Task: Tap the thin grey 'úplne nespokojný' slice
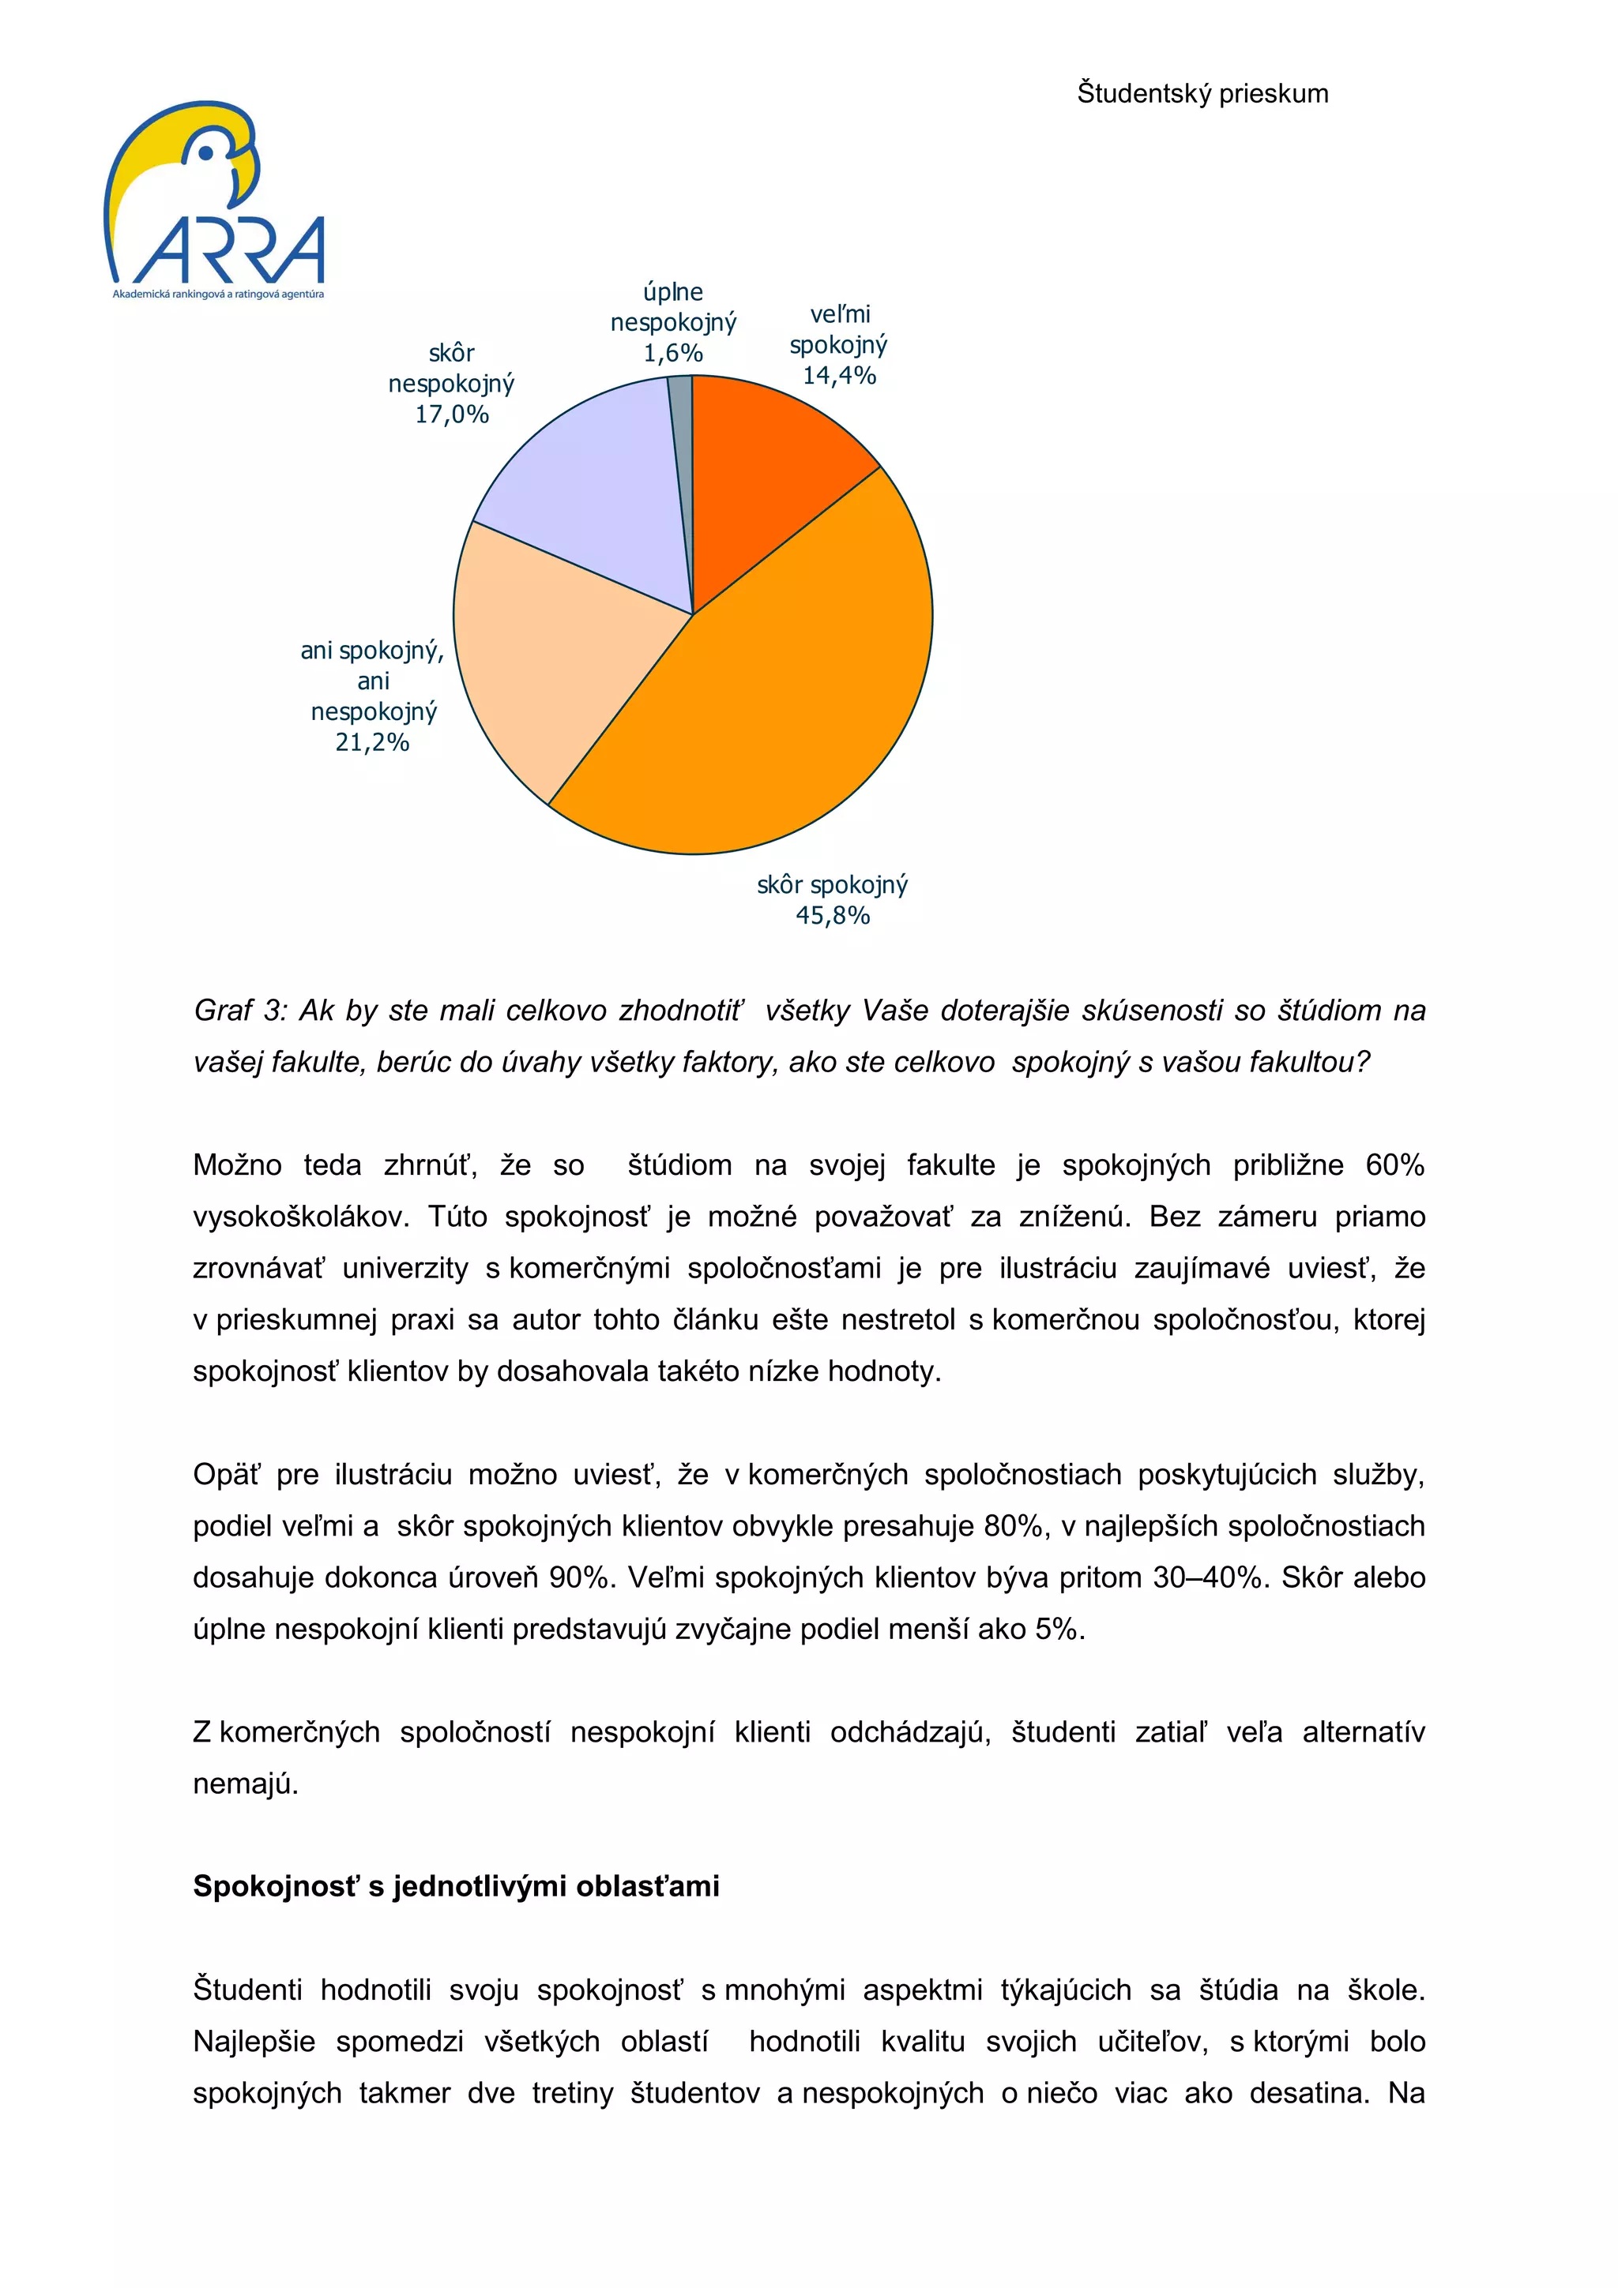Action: pos(681,438)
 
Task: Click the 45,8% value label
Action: pos(833,916)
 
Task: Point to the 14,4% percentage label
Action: pos(839,376)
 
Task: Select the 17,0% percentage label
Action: pos(452,414)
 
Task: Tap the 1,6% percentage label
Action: pos(673,353)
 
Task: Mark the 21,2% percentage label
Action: pos(372,742)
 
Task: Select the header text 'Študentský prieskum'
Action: pos(1202,94)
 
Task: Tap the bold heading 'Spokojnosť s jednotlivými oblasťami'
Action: pos(456,1885)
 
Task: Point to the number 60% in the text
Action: pos(1394,1165)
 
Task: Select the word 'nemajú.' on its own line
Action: pos(245,1784)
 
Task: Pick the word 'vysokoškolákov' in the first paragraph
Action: pos(300,1217)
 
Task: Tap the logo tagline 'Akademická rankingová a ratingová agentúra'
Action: pos(218,294)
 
